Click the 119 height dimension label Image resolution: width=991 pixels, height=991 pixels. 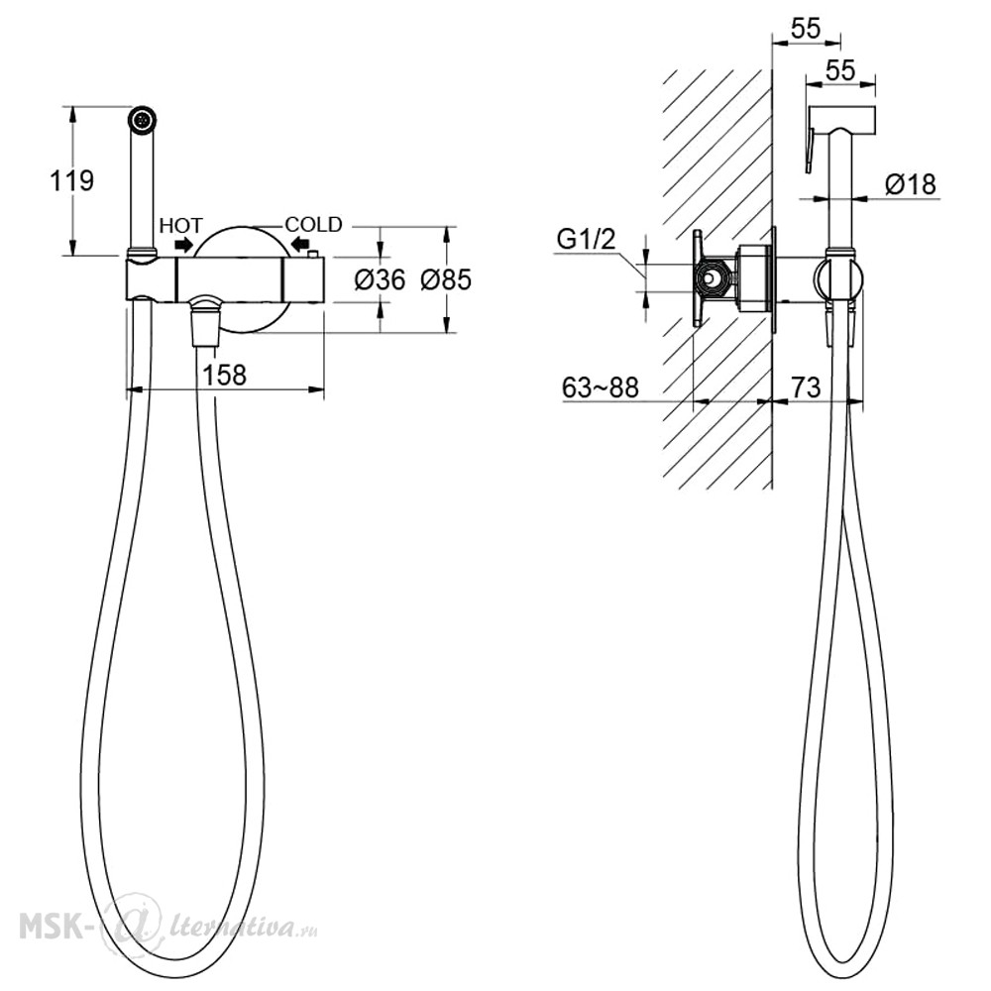(x=72, y=180)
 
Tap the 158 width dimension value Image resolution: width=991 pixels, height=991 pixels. (x=224, y=375)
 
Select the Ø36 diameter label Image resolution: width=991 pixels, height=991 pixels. (x=380, y=279)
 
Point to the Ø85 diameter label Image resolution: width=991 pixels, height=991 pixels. (x=446, y=279)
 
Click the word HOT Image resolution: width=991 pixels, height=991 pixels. (x=180, y=226)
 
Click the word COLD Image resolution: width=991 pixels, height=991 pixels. (x=313, y=224)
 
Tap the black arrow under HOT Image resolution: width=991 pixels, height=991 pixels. (x=184, y=244)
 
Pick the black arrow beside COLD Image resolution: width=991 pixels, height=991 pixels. (x=299, y=244)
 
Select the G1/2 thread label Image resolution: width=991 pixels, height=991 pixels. (x=586, y=240)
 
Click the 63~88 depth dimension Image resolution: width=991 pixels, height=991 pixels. (x=601, y=387)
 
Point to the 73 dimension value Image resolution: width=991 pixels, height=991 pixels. (x=806, y=387)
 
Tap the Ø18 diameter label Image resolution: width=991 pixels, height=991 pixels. (x=911, y=184)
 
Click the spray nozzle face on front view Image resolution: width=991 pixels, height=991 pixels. (x=144, y=119)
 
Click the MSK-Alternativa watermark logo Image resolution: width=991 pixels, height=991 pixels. (x=168, y=928)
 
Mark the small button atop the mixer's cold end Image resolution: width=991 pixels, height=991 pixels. (x=313, y=254)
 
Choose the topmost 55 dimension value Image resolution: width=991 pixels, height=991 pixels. (x=806, y=29)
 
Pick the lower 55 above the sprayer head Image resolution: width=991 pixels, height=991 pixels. (x=840, y=69)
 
